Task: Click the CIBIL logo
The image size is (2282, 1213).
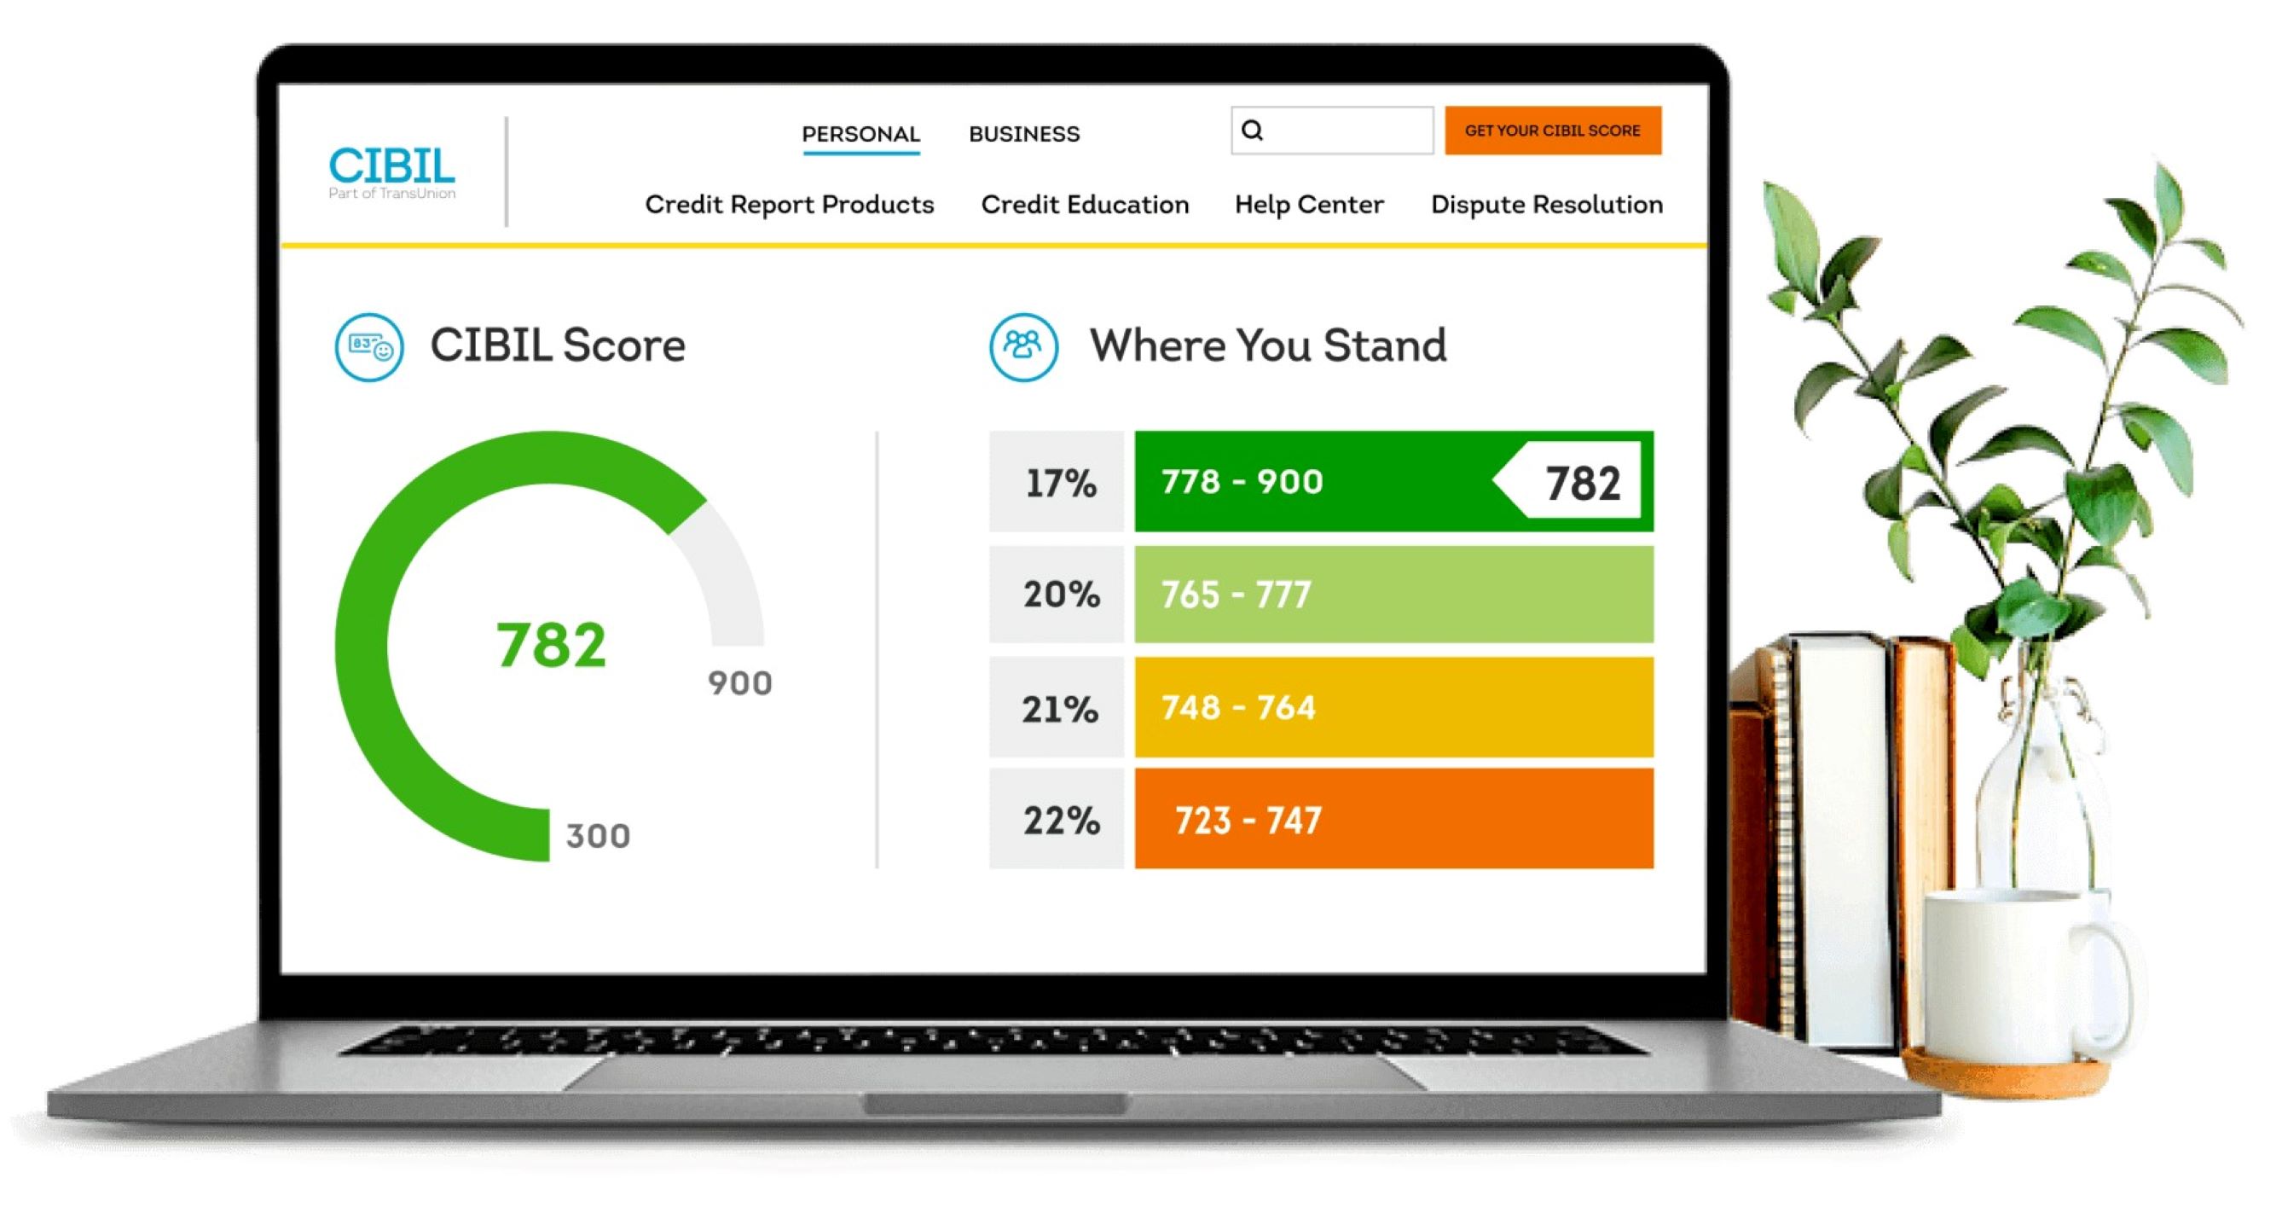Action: click(x=391, y=171)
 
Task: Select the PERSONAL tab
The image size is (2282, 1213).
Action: click(x=860, y=134)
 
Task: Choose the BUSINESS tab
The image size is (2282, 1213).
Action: click(x=1024, y=134)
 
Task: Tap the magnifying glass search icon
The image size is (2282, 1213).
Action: click(x=1252, y=131)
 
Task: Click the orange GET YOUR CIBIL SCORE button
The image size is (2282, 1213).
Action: click(x=1552, y=131)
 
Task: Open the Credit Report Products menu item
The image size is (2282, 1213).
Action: click(x=789, y=205)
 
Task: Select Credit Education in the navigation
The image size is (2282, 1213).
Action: click(x=1085, y=205)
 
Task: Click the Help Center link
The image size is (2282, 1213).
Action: click(x=1308, y=205)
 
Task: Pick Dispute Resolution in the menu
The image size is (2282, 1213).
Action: click(x=1546, y=205)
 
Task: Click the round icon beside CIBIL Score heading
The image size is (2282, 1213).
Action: click(x=368, y=346)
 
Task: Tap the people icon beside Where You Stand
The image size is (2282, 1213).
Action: click(x=1023, y=346)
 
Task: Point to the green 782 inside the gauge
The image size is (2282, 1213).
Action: click(x=551, y=644)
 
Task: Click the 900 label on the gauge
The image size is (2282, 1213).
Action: click(x=739, y=683)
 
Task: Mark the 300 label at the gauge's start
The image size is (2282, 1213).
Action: click(x=598, y=836)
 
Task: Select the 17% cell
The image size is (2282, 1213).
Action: click(x=1058, y=483)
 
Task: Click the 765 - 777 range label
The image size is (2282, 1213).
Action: click(x=1236, y=595)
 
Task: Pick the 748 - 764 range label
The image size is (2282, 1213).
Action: click(x=1237, y=707)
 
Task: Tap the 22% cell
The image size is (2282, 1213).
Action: click(x=1060, y=820)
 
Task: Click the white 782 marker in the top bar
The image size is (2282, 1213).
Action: click(x=1581, y=483)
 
